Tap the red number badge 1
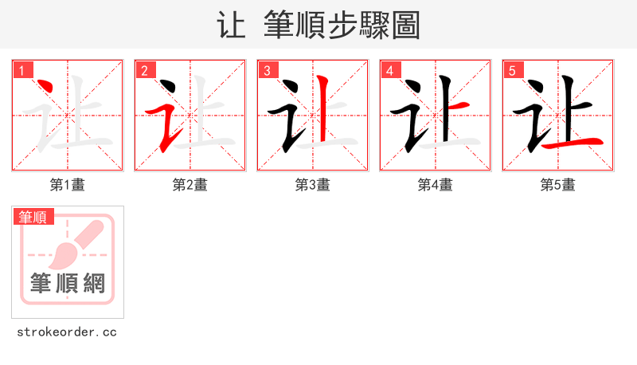coord(21,70)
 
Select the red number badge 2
coord(144,70)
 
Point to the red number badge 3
coord(267,70)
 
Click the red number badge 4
coord(389,70)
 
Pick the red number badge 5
coord(512,70)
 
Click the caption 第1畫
coord(67,185)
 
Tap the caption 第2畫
coord(190,185)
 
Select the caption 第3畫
coord(312,185)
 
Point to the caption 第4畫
coord(435,185)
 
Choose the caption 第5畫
coord(557,185)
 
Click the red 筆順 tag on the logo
coord(33,217)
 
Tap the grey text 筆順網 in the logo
coord(67,283)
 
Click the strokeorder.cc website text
coord(67,332)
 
